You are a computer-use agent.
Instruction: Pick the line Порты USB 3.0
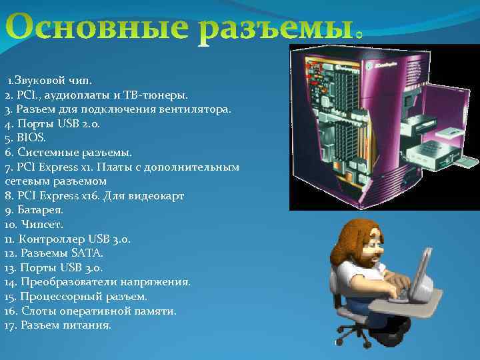pos(63,268)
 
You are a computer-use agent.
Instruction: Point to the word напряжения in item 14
pos(159,282)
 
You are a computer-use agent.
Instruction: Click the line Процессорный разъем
pos(83,297)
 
